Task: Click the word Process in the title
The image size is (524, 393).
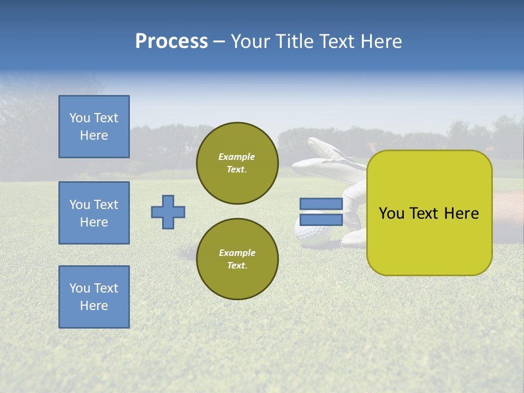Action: [171, 41]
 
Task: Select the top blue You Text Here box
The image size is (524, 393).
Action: [94, 127]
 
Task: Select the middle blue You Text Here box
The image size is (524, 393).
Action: [94, 213]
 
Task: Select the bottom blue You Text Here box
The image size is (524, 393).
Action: [94, 297]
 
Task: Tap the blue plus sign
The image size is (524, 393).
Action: [168, 212]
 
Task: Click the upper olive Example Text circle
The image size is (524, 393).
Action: [237, 163]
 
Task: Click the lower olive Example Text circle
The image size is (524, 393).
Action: [237, 259]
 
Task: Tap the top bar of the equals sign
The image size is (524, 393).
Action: [321, 204]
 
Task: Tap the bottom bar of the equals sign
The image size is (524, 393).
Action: [321, 219]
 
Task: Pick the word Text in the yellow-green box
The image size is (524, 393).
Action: [426, 213]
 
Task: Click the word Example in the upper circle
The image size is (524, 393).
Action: [237, 157]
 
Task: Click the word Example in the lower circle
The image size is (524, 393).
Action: [237, 253]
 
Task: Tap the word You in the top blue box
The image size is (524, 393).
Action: [80, 118]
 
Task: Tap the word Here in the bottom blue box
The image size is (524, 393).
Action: [94, 306]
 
